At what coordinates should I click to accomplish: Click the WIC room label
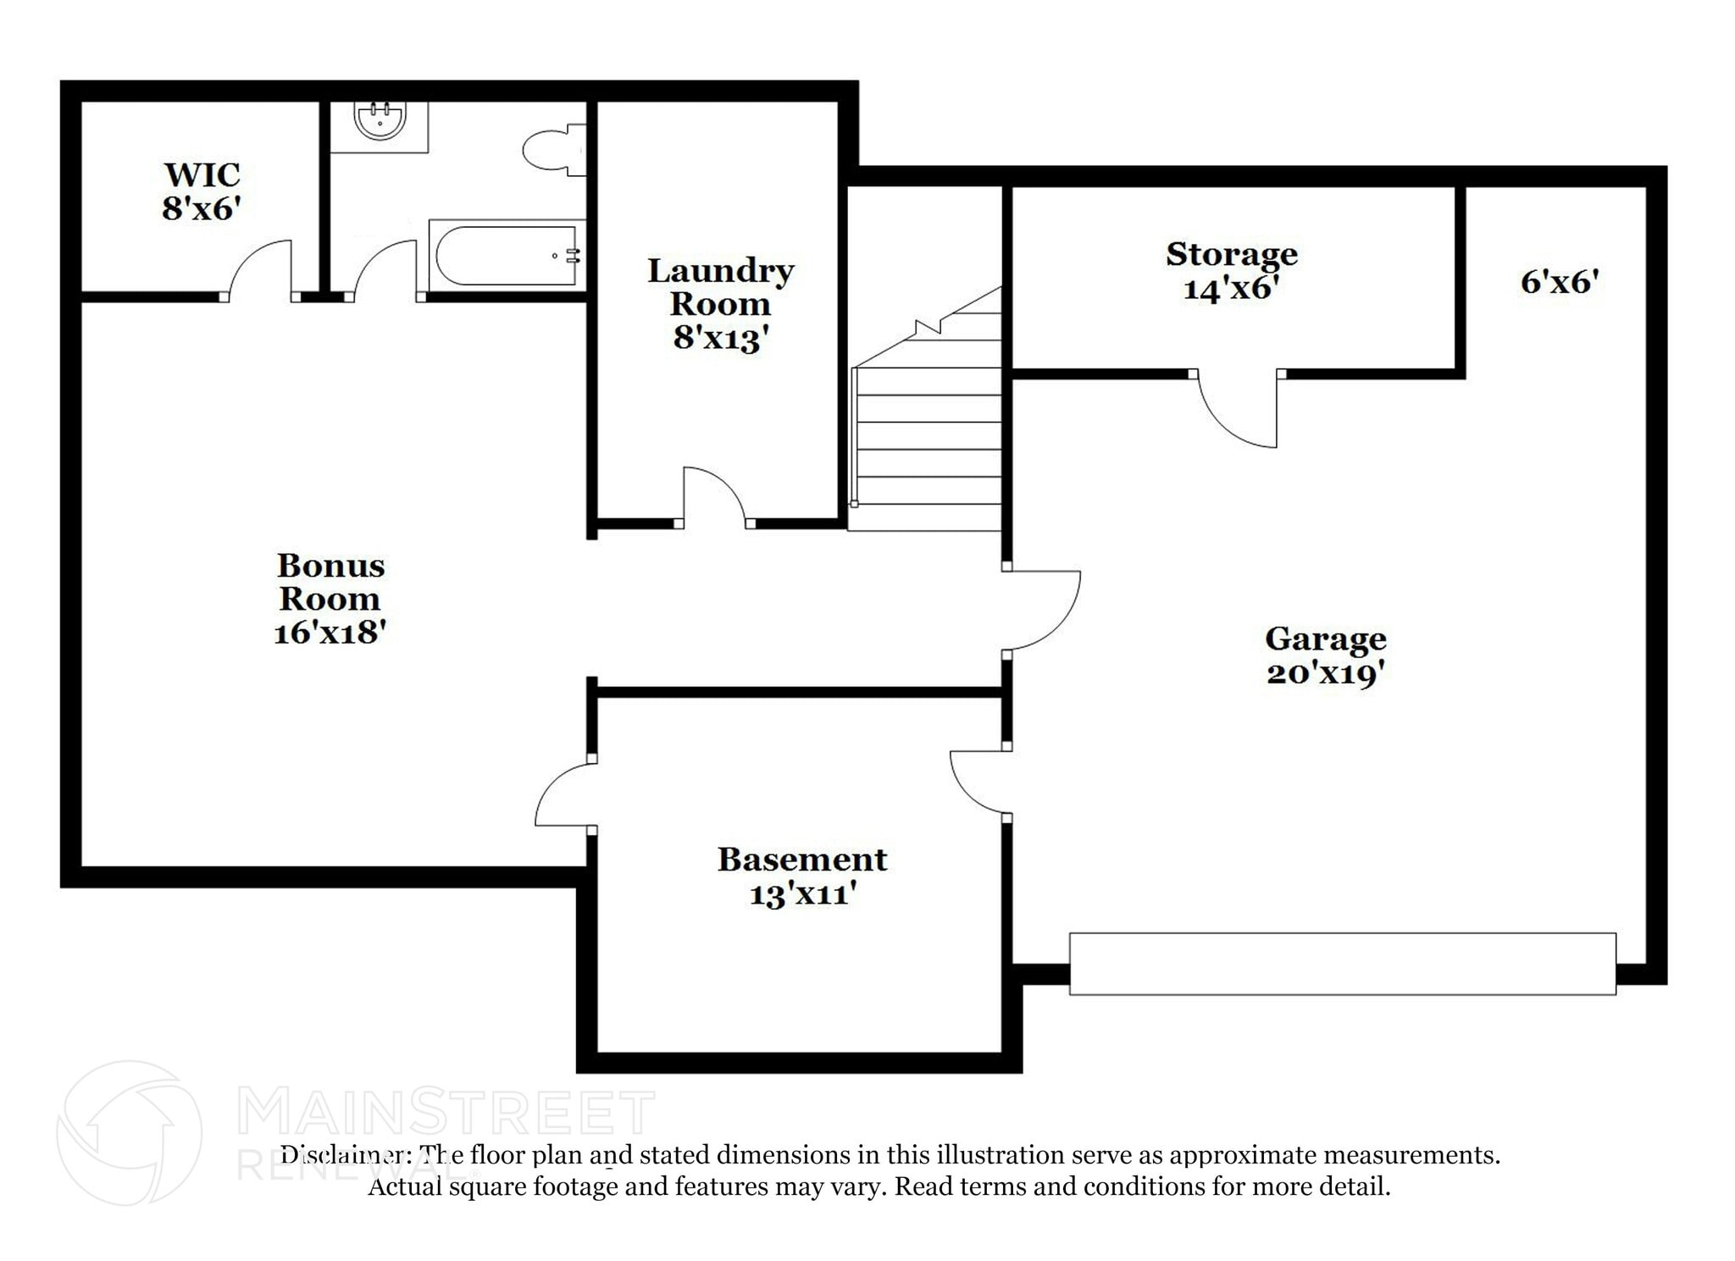tap(202, 176)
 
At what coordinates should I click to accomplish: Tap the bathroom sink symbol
tap(379, 121)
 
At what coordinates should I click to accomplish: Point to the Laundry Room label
tap(720, 287)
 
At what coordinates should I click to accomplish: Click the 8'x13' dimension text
tap(720, 338)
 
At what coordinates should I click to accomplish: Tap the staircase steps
tap(928, 436)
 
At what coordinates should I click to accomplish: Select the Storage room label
tap(1231, 254)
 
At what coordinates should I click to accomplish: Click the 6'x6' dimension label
tap(1558, 282)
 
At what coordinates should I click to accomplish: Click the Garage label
tap(1325, 639)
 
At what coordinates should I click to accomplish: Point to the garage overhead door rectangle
tap(1342, 963)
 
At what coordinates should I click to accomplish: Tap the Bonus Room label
tap(330, 582)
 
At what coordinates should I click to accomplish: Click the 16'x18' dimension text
tap(330, 633)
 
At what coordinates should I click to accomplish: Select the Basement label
tap(801, 860)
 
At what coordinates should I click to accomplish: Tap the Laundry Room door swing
tap(712, 496)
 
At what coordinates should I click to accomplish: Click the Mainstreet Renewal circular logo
tap(129, 1133)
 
